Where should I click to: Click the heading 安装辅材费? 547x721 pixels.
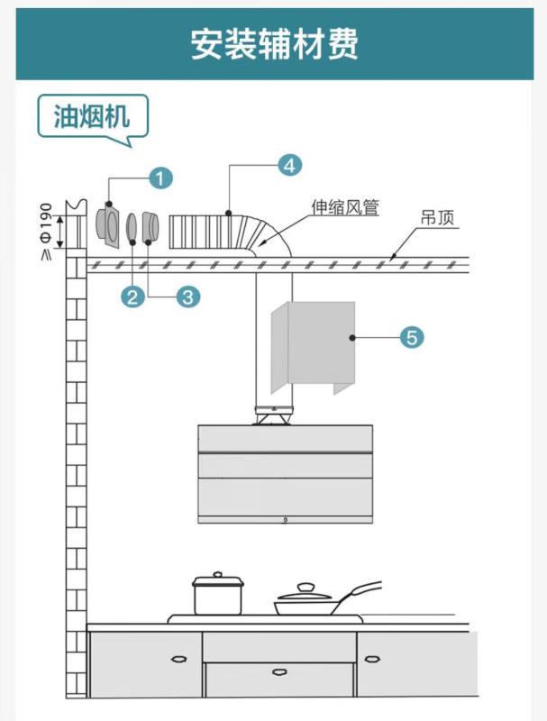click(273, 43)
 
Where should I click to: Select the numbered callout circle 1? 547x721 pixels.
click(160, 178)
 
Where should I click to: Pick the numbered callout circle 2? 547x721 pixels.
click(133, 296)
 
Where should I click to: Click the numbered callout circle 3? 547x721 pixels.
click(187, 296)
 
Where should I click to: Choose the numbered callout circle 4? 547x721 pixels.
click(288, 165)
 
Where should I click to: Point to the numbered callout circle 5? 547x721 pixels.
click(411, 338)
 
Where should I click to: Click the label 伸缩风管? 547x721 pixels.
click(345, 208)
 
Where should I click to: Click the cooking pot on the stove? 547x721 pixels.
click(217, 594)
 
